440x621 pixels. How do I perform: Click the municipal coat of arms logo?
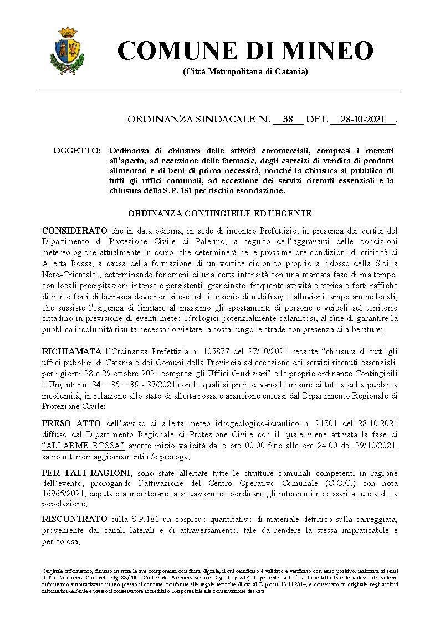click(67, 51)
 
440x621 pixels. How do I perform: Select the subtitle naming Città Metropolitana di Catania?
click(245, 72)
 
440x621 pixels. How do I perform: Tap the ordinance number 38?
click(287, 119)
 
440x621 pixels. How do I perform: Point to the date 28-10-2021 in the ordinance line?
click(363, 119)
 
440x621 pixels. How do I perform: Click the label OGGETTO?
click(77, 151)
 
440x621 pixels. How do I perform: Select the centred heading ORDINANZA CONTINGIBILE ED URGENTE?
click(219, 213)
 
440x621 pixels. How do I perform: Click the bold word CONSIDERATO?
click(74, 230)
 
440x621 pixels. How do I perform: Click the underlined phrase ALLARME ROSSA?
click(84, 446)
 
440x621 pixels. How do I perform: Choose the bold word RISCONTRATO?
click(74, 519)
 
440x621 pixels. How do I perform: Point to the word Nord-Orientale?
click(68, 275)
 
